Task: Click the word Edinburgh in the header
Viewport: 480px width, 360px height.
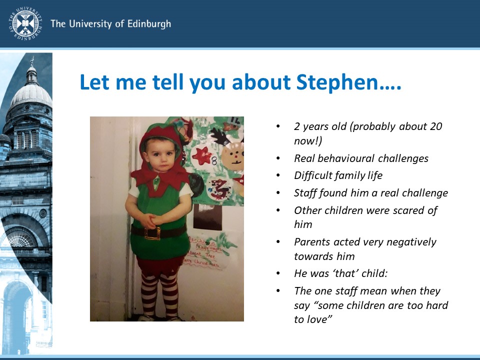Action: [145, 24]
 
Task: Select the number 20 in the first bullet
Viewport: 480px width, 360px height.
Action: [436, 126]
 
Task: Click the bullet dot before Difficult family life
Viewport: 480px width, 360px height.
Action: [278, 175]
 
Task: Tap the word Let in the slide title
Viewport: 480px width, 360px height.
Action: [95, 82]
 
